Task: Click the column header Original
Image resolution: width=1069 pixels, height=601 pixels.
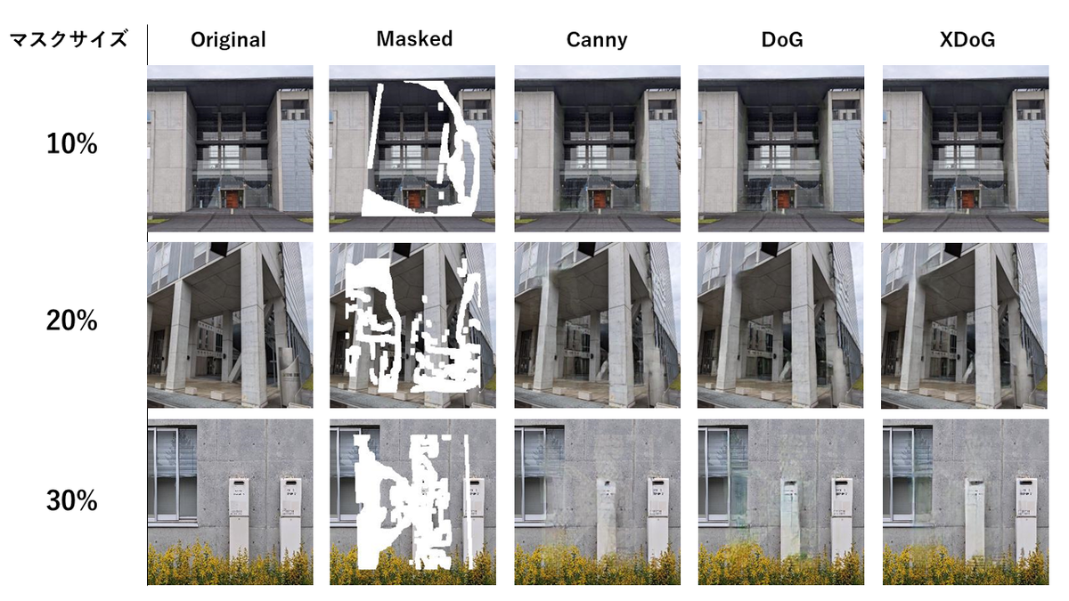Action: point(228,40)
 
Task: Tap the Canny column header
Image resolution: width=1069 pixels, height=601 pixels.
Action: point(597,40)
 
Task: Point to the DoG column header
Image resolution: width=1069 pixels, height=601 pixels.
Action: point(780,40)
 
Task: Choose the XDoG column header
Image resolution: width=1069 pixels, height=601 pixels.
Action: point(966,40)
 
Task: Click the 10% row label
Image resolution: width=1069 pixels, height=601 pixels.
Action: point(71,144)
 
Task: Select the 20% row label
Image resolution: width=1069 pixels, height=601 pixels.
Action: point(71,321)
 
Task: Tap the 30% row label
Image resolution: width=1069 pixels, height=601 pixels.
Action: point(71,501)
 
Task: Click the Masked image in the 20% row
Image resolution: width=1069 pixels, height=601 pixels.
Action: point(412,325)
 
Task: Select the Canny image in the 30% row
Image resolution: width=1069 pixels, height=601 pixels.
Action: point(597,502)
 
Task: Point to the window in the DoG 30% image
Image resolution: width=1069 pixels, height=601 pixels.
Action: point(722,472)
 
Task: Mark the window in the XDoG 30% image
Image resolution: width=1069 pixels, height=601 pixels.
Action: point(907,472)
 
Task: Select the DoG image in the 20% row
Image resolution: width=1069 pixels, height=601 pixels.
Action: point(780,325)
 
